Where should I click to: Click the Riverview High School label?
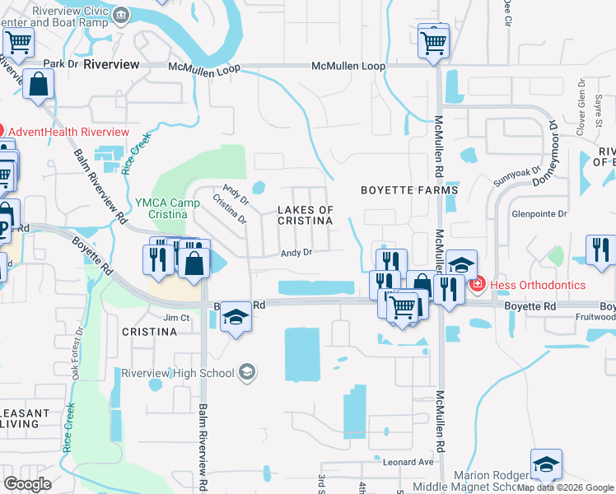[x=177, y=373]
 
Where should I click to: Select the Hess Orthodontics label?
[x=538, y=285]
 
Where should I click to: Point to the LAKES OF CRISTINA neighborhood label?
[x=306, y=216]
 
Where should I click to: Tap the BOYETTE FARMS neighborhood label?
[x=409, y=190]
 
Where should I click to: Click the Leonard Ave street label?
[x=408, y=462]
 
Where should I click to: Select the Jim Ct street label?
[x=177, y=318]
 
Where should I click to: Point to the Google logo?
[x=28, y=483]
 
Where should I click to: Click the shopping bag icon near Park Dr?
[x=38, y=84]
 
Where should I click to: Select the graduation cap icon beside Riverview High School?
[x=246, y=373]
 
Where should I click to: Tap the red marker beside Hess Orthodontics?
[x=476, y=285]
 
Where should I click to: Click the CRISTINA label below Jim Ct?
[x=149, y=332]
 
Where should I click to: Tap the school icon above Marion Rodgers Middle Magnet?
[x=546, y=464]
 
